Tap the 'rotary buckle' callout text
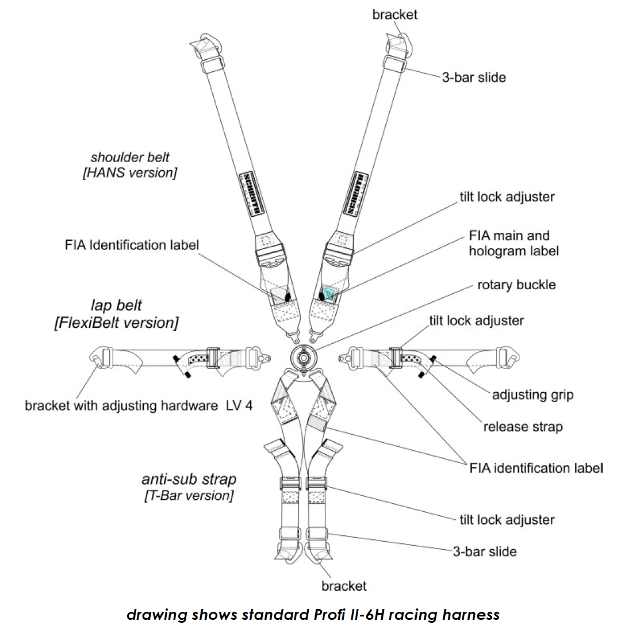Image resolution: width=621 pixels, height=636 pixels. point(516,285)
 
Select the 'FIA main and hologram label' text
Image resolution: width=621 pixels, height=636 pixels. point(513,243)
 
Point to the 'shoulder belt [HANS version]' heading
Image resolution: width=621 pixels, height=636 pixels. point(129,164)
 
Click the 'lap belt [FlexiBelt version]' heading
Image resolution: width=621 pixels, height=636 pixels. point(116,314)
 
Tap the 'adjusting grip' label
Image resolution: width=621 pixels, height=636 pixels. point(532,395)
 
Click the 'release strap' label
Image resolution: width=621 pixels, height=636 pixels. point(523,427)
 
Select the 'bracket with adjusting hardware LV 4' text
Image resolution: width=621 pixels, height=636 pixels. point(138,406)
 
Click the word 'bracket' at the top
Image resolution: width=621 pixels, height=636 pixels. point(394,14)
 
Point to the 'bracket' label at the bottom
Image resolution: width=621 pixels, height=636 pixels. point(344,586)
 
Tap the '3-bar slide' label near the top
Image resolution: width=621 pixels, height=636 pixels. point(474,77)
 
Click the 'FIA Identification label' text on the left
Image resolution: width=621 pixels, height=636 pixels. point(132,245)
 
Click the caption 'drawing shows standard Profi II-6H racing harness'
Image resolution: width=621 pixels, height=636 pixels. point(313,615)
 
